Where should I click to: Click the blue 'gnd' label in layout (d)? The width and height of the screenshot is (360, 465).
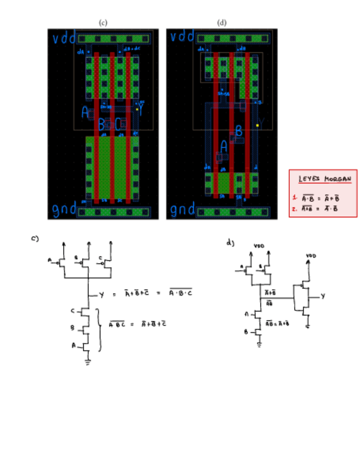182,210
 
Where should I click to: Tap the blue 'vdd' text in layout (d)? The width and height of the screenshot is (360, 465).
182,37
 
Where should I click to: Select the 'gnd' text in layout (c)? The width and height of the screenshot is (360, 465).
64,211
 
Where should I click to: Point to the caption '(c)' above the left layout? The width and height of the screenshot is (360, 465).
103,22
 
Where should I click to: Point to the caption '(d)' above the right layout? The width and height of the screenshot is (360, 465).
222,22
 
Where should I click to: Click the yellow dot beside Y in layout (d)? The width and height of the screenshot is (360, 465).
257,126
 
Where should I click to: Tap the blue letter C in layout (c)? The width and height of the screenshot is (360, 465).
118,124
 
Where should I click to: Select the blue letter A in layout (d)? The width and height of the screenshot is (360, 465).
223,147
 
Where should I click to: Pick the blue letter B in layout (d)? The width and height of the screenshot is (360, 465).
239,131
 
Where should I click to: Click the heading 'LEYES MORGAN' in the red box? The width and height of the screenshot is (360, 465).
324,179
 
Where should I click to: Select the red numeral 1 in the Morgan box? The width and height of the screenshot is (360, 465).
295,197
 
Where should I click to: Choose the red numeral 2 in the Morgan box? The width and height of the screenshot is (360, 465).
295,208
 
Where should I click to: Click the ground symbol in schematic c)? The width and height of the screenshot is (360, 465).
87,362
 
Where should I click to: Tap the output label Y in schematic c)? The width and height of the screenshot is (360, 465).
102,295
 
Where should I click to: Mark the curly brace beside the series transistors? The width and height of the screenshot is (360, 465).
99,329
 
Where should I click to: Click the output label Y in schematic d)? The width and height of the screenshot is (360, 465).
323,296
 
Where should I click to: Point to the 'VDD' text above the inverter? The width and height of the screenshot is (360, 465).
311,256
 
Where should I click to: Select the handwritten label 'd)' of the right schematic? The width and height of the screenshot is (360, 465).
229,242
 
